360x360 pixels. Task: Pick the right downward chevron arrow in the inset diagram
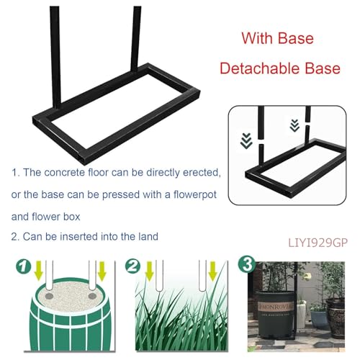click(294, 126)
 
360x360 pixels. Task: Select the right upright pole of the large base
click(135, 36)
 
